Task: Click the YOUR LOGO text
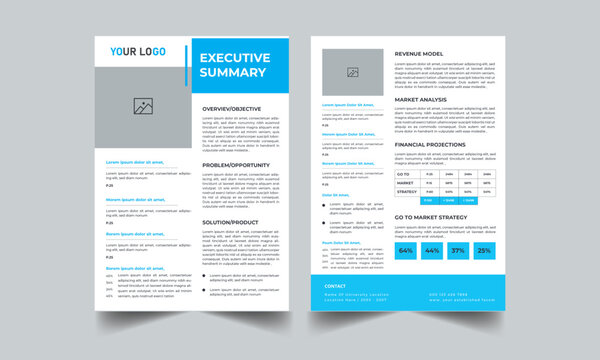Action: tap(138, 51)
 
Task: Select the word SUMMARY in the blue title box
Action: tap(233, 72)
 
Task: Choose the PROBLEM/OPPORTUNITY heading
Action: tap(236, 164)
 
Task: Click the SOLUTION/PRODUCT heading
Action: tap(230, 222)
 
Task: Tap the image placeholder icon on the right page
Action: tap(352, 72)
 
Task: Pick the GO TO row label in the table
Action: tap(404, 173)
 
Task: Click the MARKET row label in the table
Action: tap(405, 182)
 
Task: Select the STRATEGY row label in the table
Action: tap(407, 191)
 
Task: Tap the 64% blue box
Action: tap(406, 250)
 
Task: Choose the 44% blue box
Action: tap(432, 250)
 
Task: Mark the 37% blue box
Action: tap(458, 250)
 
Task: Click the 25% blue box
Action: tap(484, 250)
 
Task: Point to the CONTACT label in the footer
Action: tap(335, 285)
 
